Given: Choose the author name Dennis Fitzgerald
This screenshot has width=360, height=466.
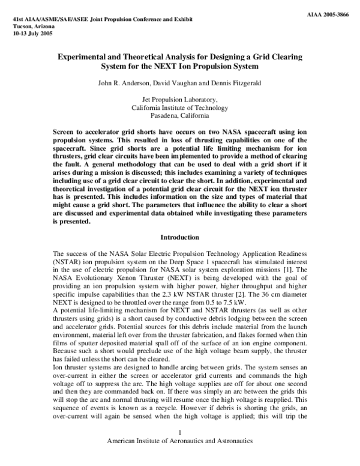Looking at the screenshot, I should (233, 82).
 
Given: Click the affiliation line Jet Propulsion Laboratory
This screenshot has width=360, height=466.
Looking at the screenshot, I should (179, 100).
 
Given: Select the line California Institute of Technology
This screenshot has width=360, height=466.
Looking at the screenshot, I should (179, 107).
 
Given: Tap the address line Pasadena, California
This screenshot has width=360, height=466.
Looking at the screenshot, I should (179, 115).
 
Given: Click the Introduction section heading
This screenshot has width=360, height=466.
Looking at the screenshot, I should (179, 238).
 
